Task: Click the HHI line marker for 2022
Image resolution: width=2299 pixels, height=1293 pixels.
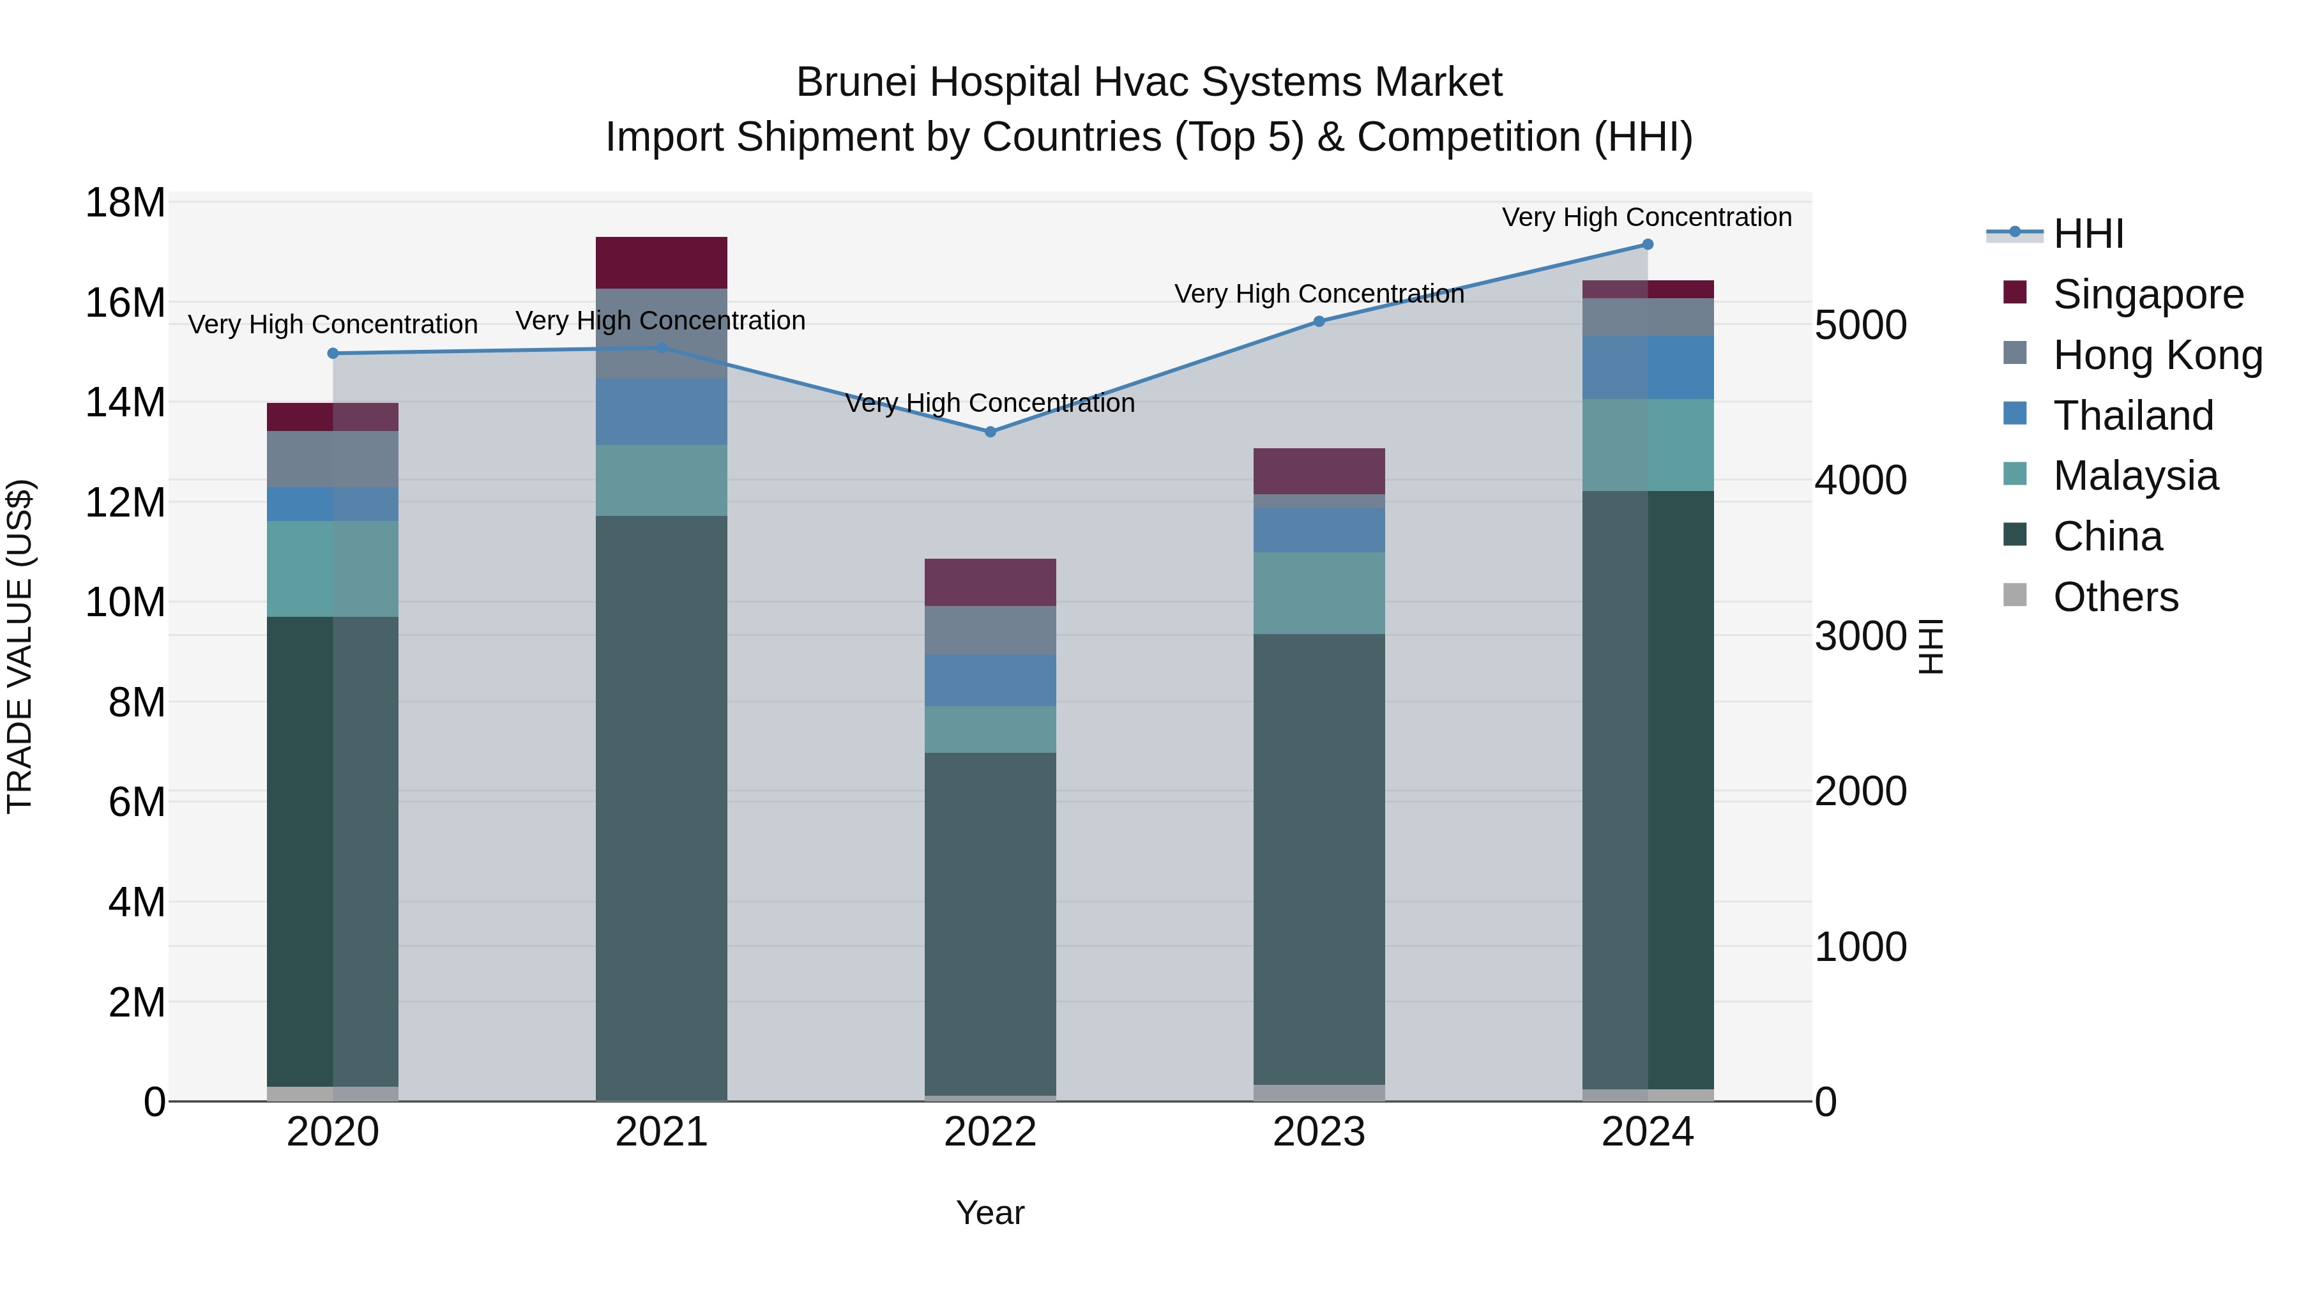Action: [990, 432]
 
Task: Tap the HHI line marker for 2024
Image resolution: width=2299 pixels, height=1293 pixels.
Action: [1648, 245]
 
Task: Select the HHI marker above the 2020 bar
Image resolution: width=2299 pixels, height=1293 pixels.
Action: [333, 353]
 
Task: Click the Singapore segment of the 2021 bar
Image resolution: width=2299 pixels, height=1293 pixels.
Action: [662, 262]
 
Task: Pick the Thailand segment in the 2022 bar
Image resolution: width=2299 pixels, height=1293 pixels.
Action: [990, 680]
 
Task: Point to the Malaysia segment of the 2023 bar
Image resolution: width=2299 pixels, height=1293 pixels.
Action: [1319, 593]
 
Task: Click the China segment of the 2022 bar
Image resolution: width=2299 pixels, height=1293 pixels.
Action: [990, 923]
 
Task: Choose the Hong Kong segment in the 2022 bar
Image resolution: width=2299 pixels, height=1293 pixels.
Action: [990, 630]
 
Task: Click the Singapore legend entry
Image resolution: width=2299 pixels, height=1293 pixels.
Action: [2147, 294]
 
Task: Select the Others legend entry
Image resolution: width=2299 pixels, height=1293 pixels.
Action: [2115, 597]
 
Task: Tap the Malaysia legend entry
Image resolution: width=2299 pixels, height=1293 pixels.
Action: [2135, 476]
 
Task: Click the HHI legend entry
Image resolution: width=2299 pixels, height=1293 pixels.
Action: [2088, 234]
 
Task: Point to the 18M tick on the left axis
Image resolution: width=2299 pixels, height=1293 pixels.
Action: [125, 204]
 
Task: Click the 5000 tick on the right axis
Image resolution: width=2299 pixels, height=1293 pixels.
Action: [1861, 325]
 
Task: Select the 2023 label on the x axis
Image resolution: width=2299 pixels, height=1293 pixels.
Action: [1319, 1132]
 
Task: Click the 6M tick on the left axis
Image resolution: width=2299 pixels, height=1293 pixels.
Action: [137, 802]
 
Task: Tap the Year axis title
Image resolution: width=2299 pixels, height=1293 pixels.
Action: [990, 1213]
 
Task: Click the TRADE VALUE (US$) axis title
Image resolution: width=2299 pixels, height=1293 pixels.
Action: [20, 646]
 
